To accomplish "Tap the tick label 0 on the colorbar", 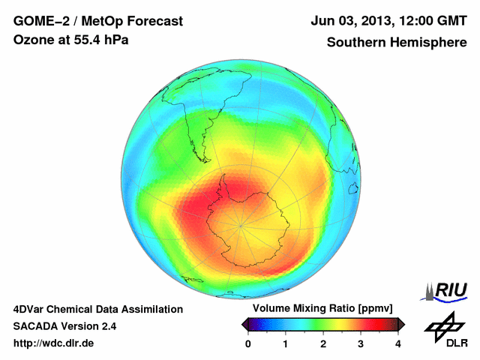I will point(248,343).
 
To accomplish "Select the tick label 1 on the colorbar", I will point(286,343).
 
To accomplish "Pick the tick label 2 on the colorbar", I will point(323,343).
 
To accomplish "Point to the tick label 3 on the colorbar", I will point(361,343).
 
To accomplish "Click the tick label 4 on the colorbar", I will point(398,343).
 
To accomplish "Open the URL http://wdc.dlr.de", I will point(54,343).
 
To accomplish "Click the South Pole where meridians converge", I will point(240,223).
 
